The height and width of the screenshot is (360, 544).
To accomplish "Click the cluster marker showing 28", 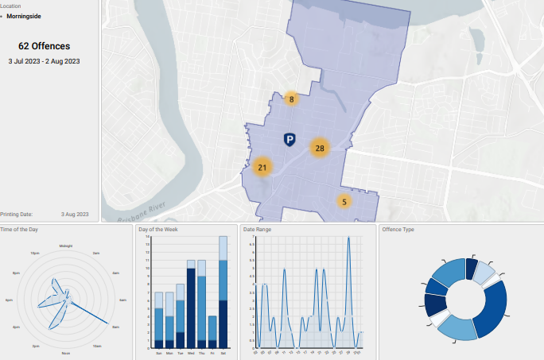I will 320,148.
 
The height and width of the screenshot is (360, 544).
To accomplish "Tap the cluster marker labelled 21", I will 262,167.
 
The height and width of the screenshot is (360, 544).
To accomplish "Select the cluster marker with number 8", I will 292,99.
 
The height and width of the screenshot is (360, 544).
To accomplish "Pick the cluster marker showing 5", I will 344,202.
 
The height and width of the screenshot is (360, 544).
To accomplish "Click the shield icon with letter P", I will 289,141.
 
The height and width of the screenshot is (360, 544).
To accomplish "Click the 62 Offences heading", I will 45,46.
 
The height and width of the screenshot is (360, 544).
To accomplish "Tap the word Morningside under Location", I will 24,16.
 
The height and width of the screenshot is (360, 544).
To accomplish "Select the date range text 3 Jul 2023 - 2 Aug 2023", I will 45,60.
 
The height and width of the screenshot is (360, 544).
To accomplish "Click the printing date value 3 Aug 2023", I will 75,214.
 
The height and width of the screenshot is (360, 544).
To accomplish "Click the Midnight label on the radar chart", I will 66,246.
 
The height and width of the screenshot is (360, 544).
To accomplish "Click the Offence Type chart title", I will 398,230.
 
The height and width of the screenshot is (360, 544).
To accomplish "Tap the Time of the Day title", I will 19,230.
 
